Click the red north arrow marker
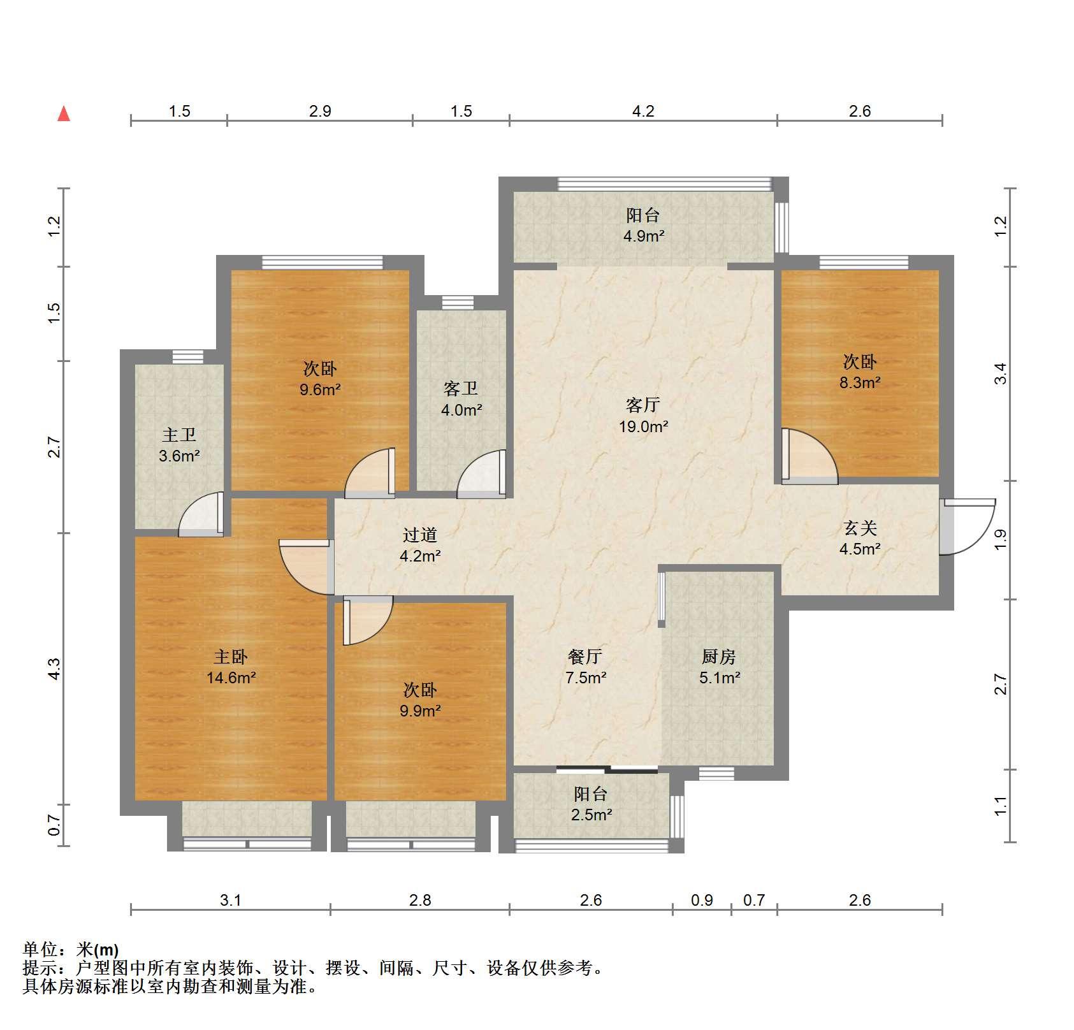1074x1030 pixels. [64, 114]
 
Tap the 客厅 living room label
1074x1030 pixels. [643, 405]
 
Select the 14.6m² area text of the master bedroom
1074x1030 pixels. [231, 678]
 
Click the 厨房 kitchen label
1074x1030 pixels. [719, 656]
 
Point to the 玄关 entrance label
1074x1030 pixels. [860, 528]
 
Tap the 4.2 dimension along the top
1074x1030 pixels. [643, 112]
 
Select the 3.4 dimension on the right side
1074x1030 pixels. [1001, 374]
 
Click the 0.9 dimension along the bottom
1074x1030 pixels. [702, 900]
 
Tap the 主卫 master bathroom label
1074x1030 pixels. [179, 435]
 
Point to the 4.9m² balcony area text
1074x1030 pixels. [644, 236]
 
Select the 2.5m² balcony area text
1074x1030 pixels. [591, 815]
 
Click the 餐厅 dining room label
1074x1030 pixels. [585, 656]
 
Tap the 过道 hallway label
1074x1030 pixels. [420, 535]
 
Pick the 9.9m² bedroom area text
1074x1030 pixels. [420, 711]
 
